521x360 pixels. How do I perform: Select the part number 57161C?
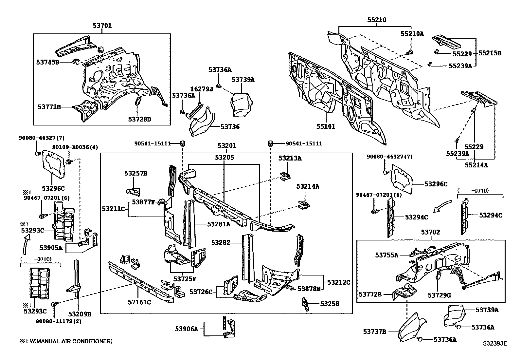tap(139, 302)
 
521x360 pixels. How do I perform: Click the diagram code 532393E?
tap(495, 344)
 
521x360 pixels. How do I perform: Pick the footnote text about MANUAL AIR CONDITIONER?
tap(65, 341)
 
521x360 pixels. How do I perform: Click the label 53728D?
tap(140, 119)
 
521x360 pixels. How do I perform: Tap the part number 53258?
tap(330, 304)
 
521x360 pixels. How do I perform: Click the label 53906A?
tap(186, 329)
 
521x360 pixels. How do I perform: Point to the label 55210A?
tap(412, 33)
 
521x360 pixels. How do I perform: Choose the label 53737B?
tap(375, 332)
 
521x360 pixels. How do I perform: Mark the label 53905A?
tap(51, 248)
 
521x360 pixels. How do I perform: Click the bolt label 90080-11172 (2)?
tap(59, 321)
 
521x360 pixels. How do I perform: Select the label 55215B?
tap(490, 53)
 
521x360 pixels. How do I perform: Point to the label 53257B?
tap(136, 173)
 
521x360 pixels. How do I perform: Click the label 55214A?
tap(476, 165)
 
